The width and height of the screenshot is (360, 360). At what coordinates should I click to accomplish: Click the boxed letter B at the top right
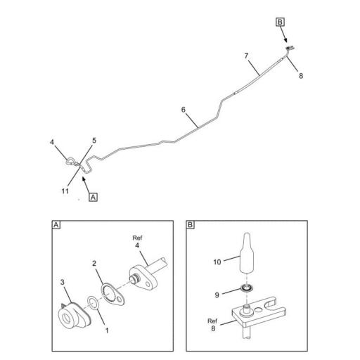pos(279,23)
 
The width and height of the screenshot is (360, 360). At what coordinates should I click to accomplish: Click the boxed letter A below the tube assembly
pos(94,197)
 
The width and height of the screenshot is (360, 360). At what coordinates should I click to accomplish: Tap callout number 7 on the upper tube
pos(247,55)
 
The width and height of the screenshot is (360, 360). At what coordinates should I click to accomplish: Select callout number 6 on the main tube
pos(184,110)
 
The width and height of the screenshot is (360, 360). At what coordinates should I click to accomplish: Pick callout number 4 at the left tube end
pos(53,143)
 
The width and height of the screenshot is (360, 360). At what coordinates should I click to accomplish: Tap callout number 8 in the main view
pos(301,75)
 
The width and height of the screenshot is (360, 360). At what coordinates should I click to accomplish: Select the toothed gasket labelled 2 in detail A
pos(113,292)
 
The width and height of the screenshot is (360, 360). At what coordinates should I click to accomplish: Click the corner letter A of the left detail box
pos(56,226)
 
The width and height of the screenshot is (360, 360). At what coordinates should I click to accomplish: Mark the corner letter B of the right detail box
pos(191,226)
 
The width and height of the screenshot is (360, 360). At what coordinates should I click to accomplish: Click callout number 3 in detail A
pos(62,283)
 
